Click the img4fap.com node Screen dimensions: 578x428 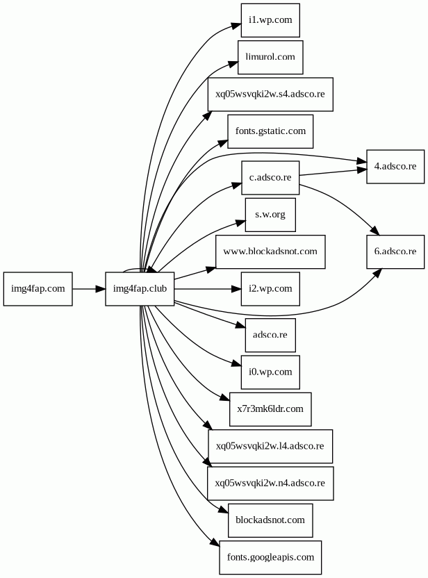tap(38, 288)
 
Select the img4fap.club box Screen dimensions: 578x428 tap(140, 288)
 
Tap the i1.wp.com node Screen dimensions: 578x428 tap(270, 20)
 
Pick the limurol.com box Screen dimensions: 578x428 tap(270, 57)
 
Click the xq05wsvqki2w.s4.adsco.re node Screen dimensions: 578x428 tap(270, 94)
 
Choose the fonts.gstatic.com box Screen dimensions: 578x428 tap(270, 131)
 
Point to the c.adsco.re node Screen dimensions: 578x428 tap(270, 177)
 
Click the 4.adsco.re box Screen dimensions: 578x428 tap(395, 166)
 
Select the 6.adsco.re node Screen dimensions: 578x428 tap(395, 251)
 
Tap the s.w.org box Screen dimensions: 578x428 tap(270, 214)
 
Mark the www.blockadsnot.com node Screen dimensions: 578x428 tap(270, 251)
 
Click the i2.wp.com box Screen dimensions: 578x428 tap(270, 288)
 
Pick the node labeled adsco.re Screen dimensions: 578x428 tap(270, 335)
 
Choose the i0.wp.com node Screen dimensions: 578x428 tap(270, 372)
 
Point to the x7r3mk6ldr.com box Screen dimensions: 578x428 tap(270, 408)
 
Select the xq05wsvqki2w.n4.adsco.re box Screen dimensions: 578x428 tap(270, 482)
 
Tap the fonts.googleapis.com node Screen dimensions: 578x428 tap(270, 557)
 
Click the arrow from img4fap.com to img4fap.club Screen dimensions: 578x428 tap(89, 288)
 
